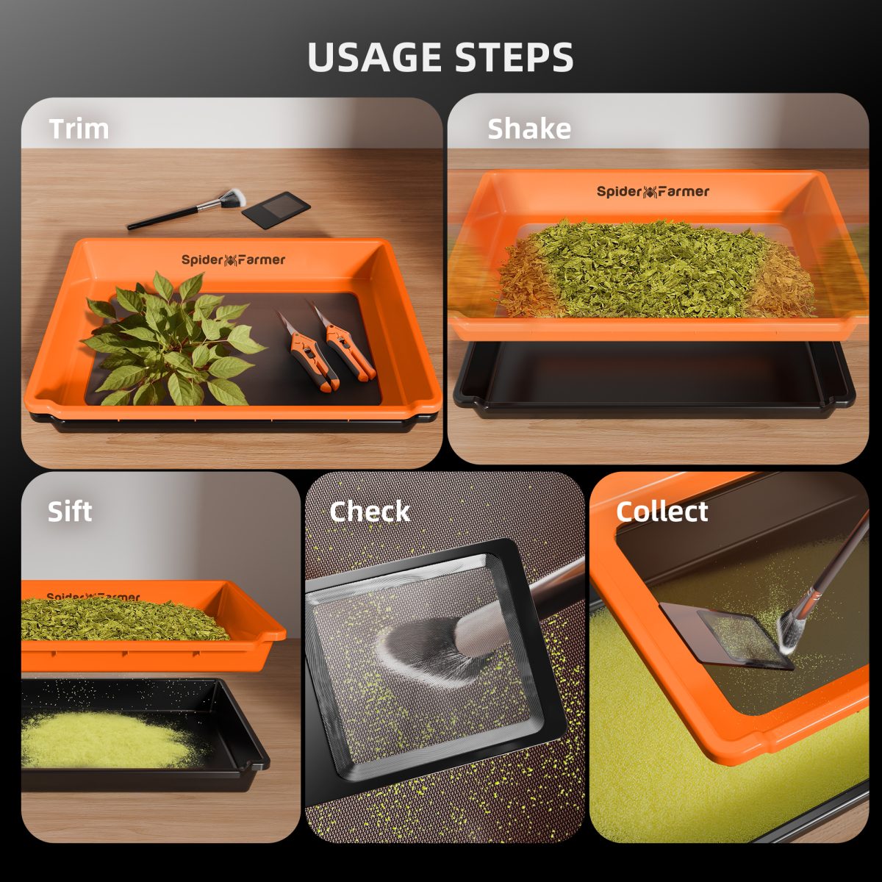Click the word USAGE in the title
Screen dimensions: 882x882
[x=375, y=57]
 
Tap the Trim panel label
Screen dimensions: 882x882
[x=79, y=129]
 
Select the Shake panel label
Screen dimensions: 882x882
[x=529, y=129]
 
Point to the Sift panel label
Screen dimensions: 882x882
[x=70, y=512]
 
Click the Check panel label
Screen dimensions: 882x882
[x=370, y=512]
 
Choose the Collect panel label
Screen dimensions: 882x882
[x=661, y=512]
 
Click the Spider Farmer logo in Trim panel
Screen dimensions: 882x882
[x=233, y=259]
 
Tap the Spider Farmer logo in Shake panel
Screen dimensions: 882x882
[x=653, y=192]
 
